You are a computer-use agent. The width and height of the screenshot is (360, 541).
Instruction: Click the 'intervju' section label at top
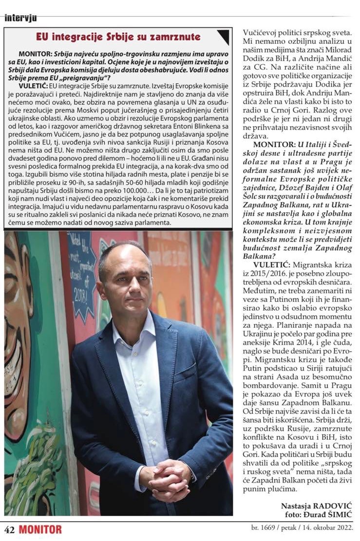(20, 19)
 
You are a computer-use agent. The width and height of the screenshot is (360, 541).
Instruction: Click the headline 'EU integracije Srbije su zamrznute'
(118, 37)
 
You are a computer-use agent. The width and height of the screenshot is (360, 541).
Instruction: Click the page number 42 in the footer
(10, 530)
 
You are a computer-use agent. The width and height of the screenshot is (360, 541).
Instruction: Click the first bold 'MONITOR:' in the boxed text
(36, 53)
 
